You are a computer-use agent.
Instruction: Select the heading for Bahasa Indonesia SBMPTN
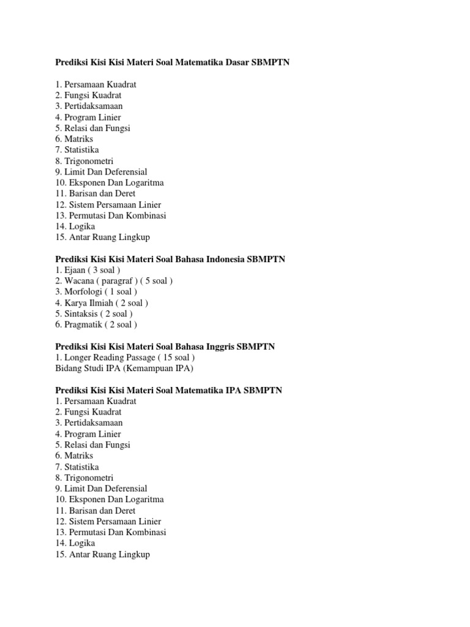(170, 259)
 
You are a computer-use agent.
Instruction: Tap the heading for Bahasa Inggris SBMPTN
(165, 347)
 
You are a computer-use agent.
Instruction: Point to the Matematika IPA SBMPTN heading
(169, 390)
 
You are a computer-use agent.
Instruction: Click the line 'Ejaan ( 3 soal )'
(88, 270)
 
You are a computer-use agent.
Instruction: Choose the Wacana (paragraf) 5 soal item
(114, 281)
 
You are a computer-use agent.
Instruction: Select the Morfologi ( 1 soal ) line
(96, 292)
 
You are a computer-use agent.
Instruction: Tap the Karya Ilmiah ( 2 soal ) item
(102, 302)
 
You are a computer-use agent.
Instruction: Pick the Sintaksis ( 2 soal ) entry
(94, 313)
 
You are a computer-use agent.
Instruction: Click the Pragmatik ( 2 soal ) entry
(96, 325)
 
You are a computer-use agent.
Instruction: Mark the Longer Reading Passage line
(125, 358)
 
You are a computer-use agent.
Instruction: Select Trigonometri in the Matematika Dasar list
(84, 161)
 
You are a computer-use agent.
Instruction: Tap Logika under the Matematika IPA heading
(75, 543)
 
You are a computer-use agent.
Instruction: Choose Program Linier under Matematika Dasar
(88, 117)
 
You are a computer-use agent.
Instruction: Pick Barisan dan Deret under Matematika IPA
(95, 510)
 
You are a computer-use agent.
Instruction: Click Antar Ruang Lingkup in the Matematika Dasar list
(103, 237)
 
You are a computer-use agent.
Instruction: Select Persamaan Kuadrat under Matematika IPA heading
(95, 401)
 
